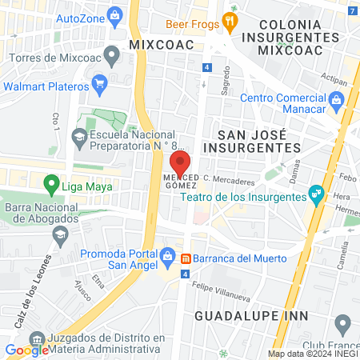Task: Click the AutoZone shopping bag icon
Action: coord(114,14)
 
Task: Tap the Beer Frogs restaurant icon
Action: coord(230,22)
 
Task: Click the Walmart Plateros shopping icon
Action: coord(100,82)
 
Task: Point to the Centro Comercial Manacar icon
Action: coord(337,100)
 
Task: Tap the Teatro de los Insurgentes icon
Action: coord(316,193)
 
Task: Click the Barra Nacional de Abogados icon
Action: coord(60,234)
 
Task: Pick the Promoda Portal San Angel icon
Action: coord(167,257)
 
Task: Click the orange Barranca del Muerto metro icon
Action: coord(186,258)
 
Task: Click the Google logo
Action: coord(26,350)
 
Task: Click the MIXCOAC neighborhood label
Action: coord(162,45)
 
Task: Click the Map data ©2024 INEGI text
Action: coord(313,354)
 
